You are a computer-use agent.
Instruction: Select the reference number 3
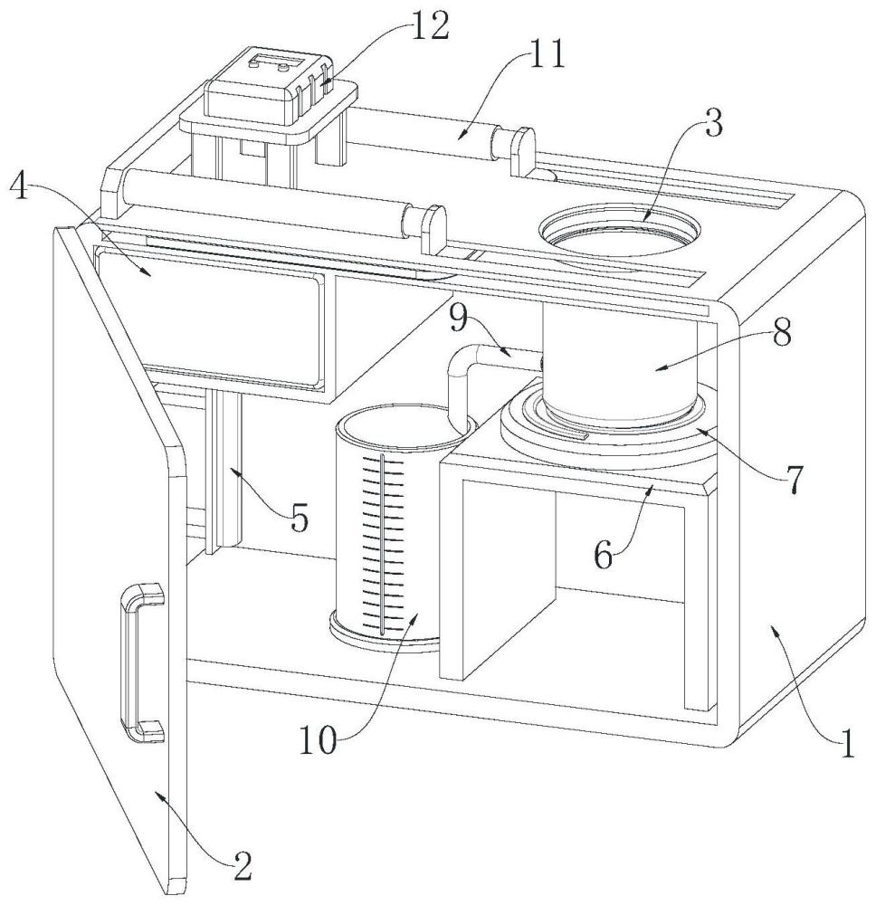(714, 125)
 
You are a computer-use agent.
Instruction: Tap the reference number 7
(792, 479)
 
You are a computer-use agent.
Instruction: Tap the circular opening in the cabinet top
(620, 231)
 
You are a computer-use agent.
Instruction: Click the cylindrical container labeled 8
(620, 362)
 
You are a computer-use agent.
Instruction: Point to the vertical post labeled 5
(224, 471)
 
